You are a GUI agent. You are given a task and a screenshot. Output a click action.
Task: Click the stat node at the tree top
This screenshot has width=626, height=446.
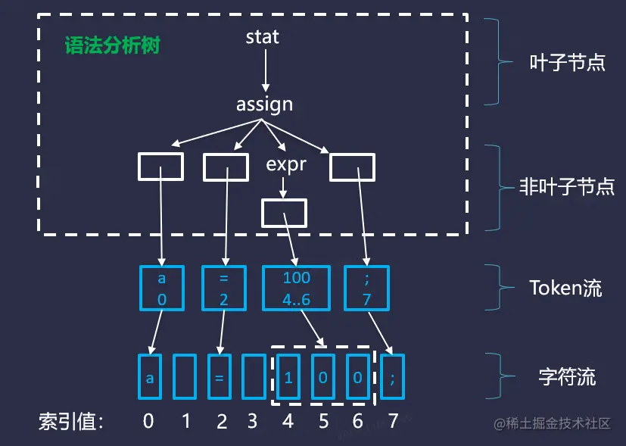[x=263, y=36]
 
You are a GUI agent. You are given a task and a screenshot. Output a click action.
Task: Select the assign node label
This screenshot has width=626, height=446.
[x=264, y=104]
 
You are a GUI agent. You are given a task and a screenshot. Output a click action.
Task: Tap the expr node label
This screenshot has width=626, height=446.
[x=286, y=164]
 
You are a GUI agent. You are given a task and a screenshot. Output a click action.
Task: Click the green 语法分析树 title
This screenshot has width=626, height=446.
[x=112, y=45]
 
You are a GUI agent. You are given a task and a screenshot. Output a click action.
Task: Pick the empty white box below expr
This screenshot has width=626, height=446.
[x=284, y=213]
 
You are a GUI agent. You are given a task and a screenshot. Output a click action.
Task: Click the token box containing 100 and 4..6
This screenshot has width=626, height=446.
[x=296, y=288]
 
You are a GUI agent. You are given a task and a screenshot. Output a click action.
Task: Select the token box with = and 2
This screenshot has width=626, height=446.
[x=224, y=288]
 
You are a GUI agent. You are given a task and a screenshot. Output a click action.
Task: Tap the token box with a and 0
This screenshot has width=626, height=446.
[x=162, y=288]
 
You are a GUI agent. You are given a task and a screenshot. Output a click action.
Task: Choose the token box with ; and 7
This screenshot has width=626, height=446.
[x=366, y=288]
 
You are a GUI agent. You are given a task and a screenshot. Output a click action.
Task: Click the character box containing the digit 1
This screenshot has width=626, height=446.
[x=288, y=376]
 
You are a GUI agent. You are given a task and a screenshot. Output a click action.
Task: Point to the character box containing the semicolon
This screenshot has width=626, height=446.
[x=392, y=376]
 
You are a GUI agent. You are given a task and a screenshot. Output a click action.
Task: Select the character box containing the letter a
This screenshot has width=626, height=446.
[x=150, y=376]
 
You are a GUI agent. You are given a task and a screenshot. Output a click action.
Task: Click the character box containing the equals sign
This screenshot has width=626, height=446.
[x=219, y=376]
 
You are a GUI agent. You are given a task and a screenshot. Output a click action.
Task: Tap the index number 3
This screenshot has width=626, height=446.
[x=253, y=421]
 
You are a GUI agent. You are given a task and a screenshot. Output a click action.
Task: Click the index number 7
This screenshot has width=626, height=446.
[x=392, y=421]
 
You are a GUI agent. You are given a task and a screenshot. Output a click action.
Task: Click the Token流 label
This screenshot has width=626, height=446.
[x=565, y=288]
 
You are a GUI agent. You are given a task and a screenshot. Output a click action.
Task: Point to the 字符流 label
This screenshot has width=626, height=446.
[x=567, y=376]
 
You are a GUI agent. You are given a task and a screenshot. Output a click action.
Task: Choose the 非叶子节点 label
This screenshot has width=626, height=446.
[x=567, y=186]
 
